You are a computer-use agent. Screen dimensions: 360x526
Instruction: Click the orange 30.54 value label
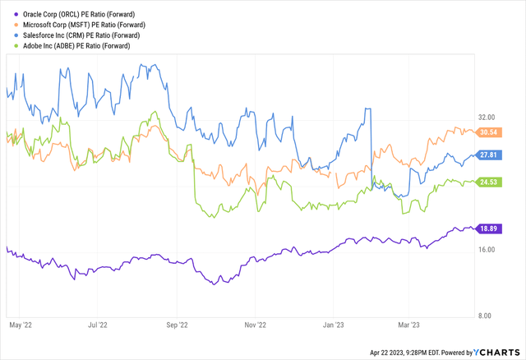490,132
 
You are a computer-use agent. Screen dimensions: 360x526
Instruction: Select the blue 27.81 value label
490,155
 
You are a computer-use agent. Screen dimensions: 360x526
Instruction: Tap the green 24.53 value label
490,182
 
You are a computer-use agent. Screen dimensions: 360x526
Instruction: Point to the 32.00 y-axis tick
490,117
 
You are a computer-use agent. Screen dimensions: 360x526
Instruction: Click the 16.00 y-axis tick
490,250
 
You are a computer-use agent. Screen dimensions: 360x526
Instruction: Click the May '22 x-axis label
20,325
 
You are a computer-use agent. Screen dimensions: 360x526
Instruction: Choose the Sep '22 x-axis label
177,325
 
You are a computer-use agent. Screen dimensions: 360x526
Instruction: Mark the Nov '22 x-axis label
256,325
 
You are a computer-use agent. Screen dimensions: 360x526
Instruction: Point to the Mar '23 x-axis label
409,325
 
